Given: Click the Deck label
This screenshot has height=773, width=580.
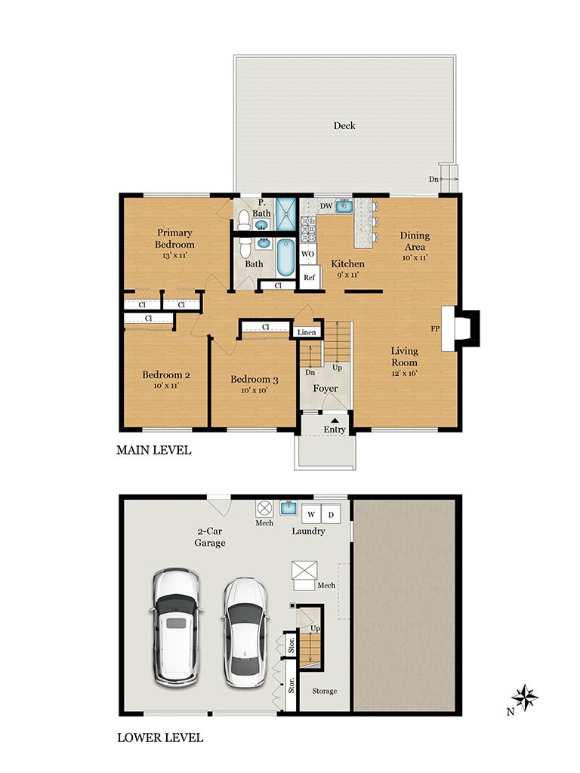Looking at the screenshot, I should click(344, 125).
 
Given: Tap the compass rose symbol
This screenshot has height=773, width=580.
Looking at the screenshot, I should click(526, 696).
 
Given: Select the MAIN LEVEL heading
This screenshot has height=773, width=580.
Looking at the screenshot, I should click(153, 451).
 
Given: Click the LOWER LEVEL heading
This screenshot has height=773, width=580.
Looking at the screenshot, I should click(160, 738).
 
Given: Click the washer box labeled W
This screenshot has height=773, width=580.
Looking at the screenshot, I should click(310, 515).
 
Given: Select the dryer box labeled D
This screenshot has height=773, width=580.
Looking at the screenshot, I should click(331, 515).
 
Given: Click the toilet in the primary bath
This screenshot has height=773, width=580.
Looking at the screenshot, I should click(243, 220).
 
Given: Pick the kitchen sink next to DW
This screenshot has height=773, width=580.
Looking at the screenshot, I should click(344, 205).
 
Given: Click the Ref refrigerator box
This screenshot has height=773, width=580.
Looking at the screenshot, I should click(309, 277).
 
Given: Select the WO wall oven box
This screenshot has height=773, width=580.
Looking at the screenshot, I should click(308, 254).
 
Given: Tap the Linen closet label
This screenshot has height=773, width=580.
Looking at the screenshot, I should click(306, 332).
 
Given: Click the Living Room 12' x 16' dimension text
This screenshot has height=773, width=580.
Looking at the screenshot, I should click(404, 372).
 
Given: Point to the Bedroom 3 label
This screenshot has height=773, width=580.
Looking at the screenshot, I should click(255, 380).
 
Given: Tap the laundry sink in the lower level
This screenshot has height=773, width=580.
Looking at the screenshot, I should click(288, 508).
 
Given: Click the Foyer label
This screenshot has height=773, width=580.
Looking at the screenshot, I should click(325, 389).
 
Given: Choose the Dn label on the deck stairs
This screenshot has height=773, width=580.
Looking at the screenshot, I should click(433, 179).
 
